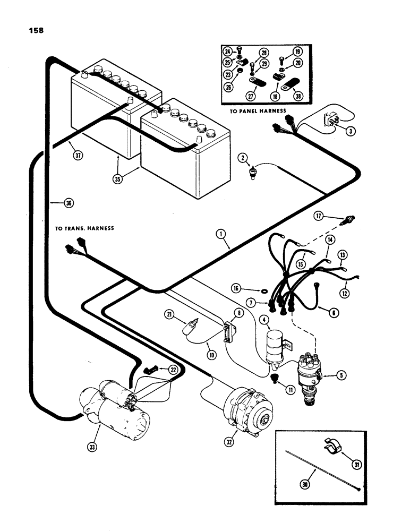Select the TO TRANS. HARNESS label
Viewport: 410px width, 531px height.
[x=85, y=228]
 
